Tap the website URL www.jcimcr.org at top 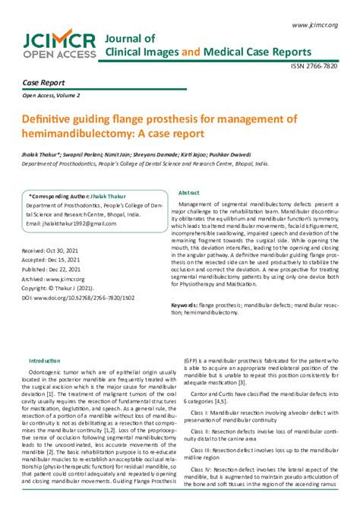coord(314,25)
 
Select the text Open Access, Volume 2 coord(51,96)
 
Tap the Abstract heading coord(191,194)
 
